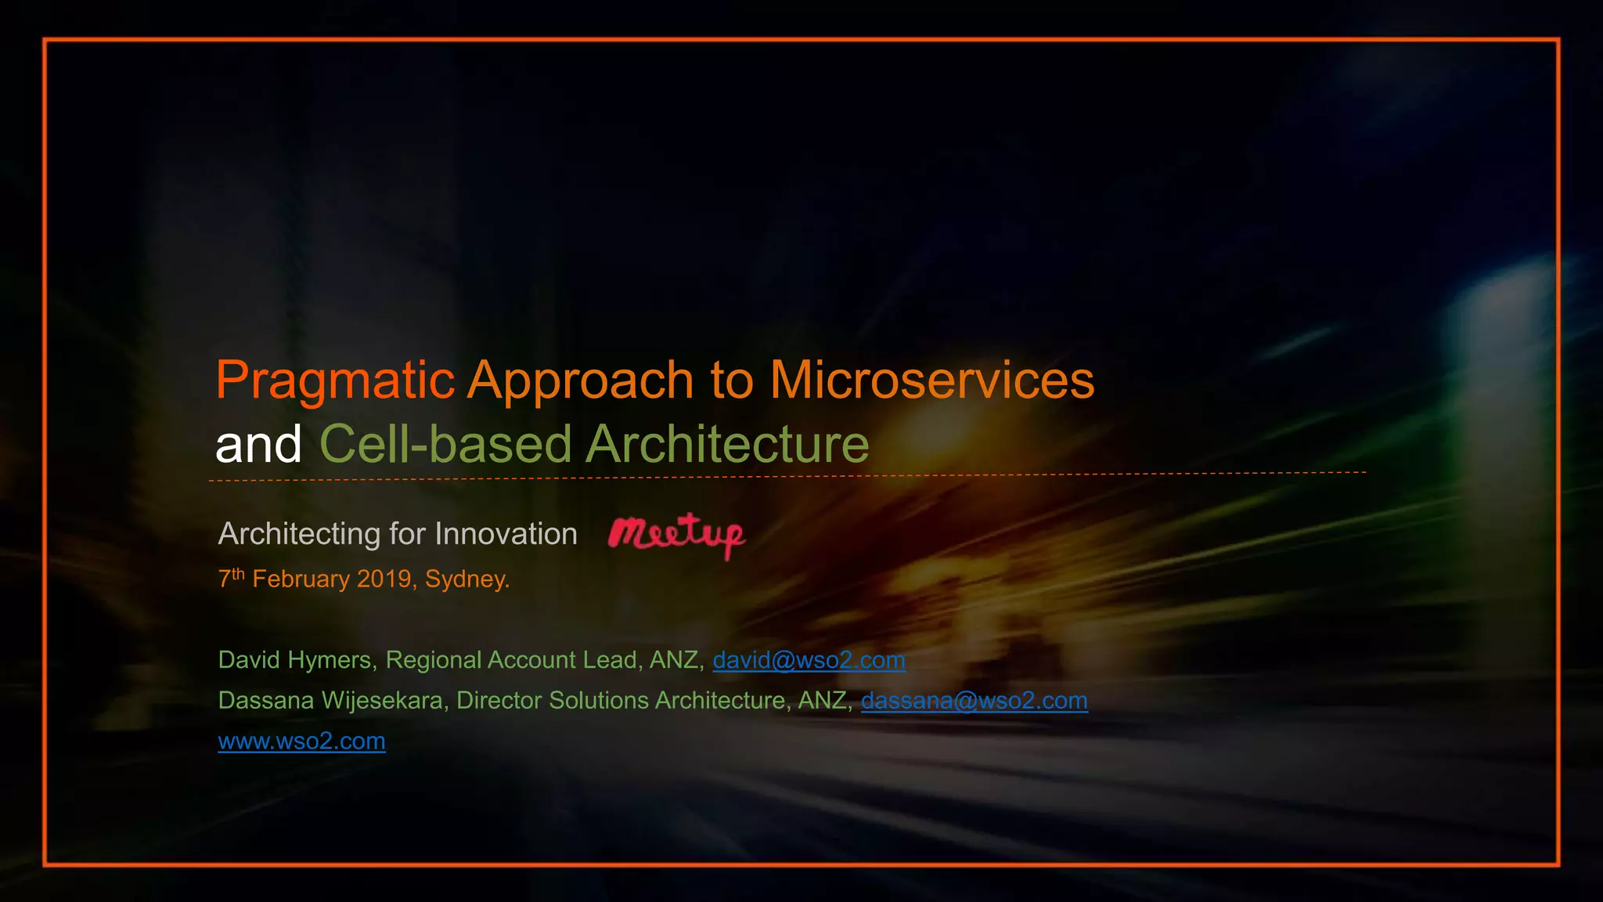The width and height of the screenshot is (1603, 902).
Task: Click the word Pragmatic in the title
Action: point(335,381)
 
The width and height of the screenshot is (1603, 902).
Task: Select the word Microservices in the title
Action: point(931,381)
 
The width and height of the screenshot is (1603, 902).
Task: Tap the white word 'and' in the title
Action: point(258,445)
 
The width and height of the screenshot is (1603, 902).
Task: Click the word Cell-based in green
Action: point(446,445)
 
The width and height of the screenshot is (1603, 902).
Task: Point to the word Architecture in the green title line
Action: point(727,445)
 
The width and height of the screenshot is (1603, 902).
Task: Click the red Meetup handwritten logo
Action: point(677,535)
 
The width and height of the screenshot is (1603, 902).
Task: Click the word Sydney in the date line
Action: point(466,579)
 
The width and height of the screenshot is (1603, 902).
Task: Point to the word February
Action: point(301,579)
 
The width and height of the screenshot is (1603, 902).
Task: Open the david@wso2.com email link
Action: point(809,660)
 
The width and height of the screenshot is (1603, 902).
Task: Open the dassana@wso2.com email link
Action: point(974,700)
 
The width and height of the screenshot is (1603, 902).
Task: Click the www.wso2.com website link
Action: point(301,741)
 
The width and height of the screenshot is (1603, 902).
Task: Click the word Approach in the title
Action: point(581,381)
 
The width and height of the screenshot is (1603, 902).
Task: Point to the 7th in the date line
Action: point(231,579)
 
